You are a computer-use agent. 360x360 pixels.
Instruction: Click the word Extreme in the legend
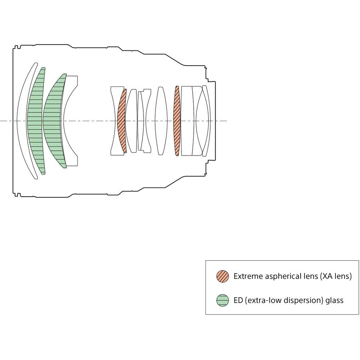[248, 276]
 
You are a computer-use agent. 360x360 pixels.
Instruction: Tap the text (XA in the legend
[327, 276]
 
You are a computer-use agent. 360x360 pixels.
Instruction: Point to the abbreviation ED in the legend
[238, 300]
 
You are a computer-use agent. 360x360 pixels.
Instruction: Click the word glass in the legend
[335, 301]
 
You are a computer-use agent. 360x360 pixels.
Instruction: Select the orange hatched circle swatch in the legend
[222, 276]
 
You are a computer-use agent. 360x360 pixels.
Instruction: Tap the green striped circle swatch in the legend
[222, 300]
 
